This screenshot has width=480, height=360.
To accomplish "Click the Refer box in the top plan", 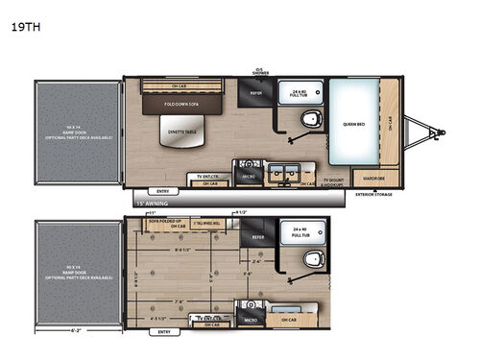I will click(255, 94).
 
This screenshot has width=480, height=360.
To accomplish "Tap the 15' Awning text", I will click(151, 204).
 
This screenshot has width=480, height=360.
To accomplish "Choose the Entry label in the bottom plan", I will click(164, 332).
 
